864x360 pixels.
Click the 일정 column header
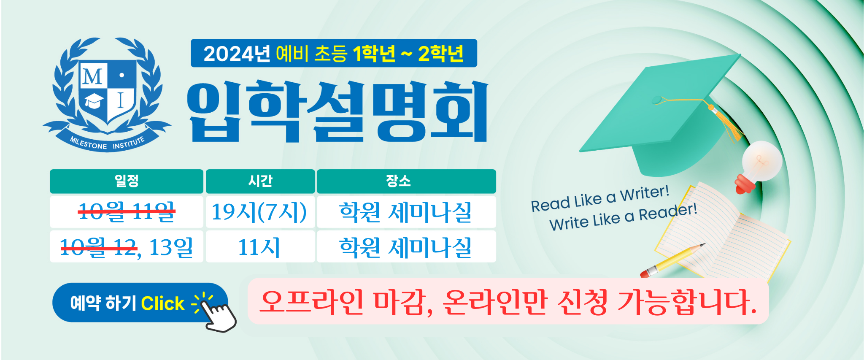pyautogui.click(x=127, y=181)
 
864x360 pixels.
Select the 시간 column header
pyautogui.click(x=260, y=181)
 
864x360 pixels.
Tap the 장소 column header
pyautogui.click(x=406, y=181)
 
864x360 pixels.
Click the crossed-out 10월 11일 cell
pyautogui.click(x=127, y=211)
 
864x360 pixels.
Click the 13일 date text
pyautogui.click(x=171, y=247)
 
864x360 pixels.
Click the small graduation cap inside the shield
pyautogui.click(x=94, y=101)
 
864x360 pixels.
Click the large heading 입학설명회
pyautogui.click(x=337, y=111)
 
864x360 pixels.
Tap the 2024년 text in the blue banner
pyautogui.click(x=237, y=54)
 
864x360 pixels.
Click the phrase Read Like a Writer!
pyautogui.click(x=600, y=198)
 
